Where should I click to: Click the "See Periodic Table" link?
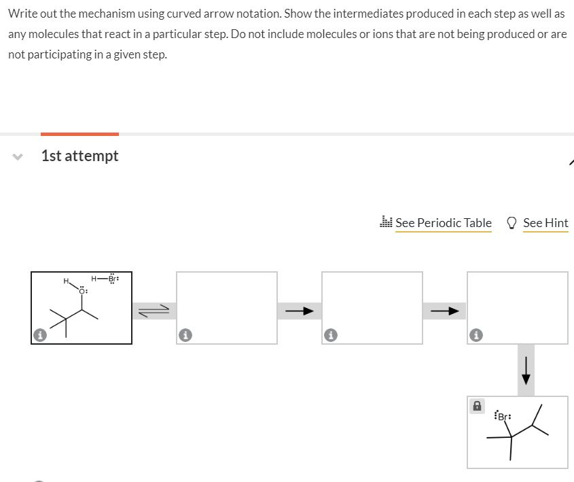[x=443, y=223]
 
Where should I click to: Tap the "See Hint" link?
[x=545, y=223]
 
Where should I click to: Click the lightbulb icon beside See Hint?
[x=512, y=222]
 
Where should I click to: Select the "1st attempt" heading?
[x=79, y=156]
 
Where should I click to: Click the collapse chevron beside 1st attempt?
[x=17, y=156]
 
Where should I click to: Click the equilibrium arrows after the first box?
[x=154, y=311]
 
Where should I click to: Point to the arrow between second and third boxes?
[x=299, y=311]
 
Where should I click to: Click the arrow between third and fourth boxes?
[x=444, y=311]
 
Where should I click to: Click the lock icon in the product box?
[x=477, y=406]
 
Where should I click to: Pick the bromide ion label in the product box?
[x=503, y=415]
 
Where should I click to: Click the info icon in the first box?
[x=40, y=335]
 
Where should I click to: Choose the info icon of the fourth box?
[x=476, y=335]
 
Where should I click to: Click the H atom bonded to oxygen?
[x=66, y=281]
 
